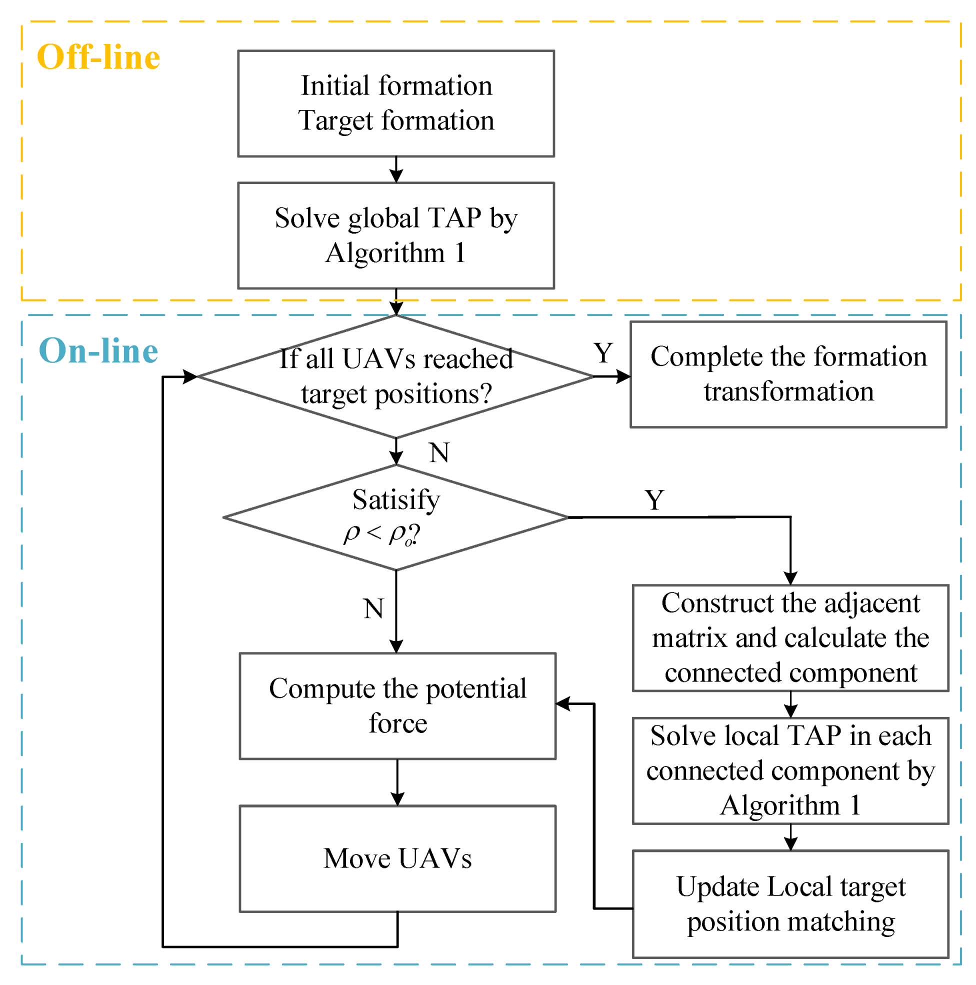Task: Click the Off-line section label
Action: tap(98, 56)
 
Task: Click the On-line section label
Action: tap(98, 351)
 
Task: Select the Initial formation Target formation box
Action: tap(395, 103)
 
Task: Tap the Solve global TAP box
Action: tap(395, 235)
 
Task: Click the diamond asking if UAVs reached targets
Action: tap(395, 376)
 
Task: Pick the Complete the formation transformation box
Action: tap(788, 373)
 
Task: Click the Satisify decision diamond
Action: tap(395, 517)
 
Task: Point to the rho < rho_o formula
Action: tap(381, 534)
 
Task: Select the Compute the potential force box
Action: tap(397, 705)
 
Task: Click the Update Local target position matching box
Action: tap(790, 903)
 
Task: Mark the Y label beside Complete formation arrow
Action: tap(602, 353)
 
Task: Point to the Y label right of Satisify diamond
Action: tap(654, 499)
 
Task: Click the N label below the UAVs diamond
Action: tap(439, 452)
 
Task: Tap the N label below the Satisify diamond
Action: tap(373, 608)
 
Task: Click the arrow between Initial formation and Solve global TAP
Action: tap(395, 169)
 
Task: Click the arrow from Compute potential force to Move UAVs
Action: tap(397, 782)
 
